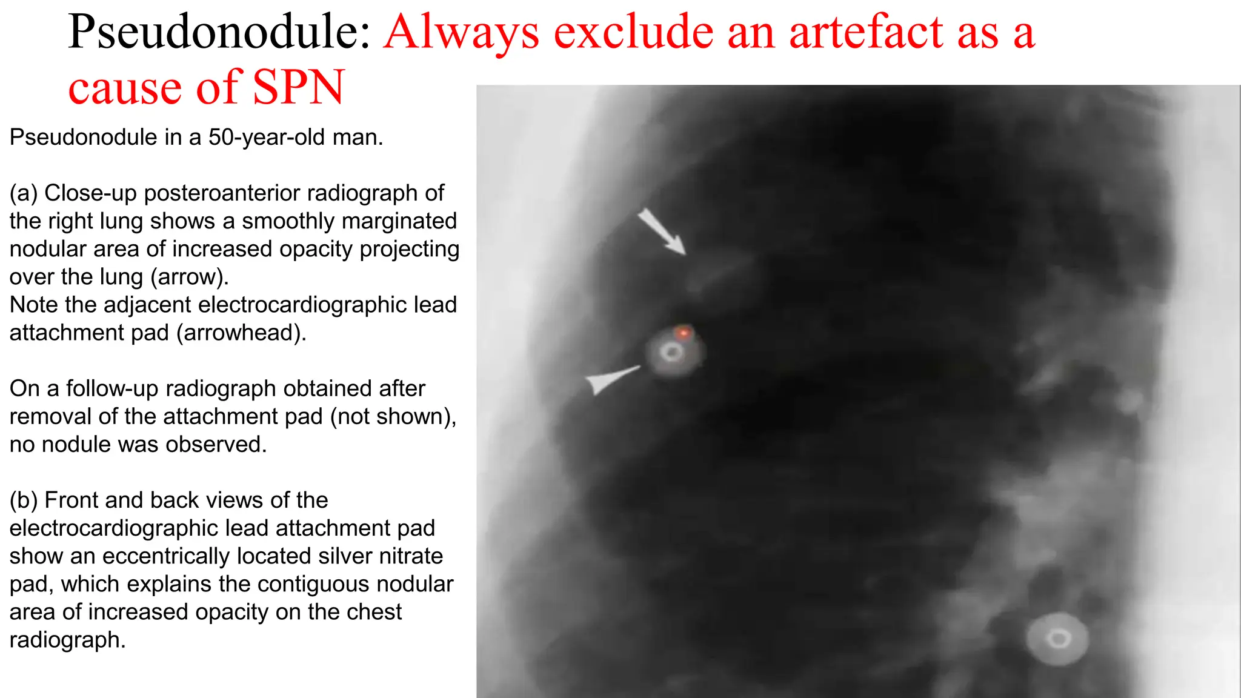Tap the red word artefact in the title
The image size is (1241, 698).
pos(865,32)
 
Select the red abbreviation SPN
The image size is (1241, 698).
pos(298,88)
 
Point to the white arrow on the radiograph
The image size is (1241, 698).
pos(661,231)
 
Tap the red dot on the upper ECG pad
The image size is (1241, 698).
pos(684,333)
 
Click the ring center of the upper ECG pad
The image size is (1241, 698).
pos(671,352)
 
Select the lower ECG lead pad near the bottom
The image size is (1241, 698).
pos(1058,639)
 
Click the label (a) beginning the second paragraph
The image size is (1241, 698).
pos(24,193)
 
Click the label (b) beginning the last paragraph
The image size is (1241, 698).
pos(24,500)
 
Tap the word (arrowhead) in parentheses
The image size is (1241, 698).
pos(241,333)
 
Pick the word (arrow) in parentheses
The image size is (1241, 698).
pos(190,277)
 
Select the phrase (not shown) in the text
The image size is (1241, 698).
pos(393,417)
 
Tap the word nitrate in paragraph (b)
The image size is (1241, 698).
pos(411,556)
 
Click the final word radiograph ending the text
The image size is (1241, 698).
pos(67,640)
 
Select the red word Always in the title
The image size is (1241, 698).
pos(461,32)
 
